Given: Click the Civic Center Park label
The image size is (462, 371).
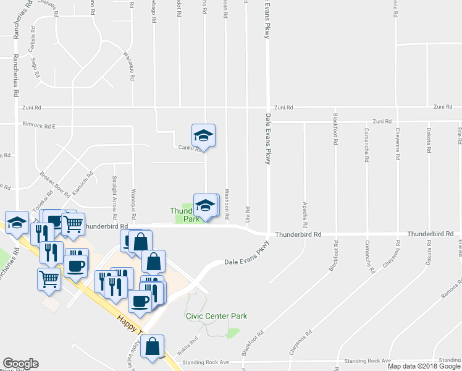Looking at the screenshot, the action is [x=216, y=316].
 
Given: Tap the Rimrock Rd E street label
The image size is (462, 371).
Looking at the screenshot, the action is [x=39, y=126].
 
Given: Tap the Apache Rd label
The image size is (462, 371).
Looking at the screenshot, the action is [x=304, y=211].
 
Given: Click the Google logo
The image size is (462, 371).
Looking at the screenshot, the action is [x=20, y=364].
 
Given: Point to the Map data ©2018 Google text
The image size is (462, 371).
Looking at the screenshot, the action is [x=423, y=366].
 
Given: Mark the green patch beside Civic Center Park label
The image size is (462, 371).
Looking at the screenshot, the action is [x=233, y=333].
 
